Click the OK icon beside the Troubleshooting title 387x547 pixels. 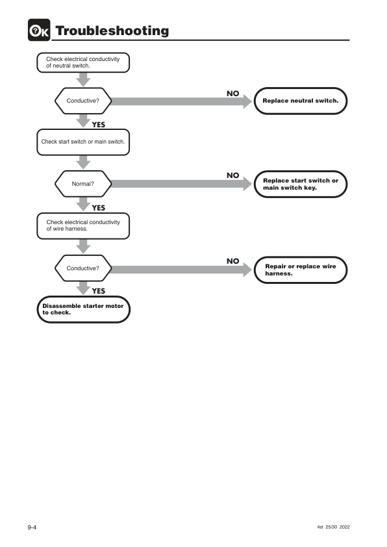pyautogui.click(x=39, y=30)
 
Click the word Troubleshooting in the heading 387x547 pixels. pyautogui.click(x=112, y=31)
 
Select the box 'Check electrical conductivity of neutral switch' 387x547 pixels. pyautogui.click(x=83, y=62)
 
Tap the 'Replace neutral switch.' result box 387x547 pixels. pyautogui.click(x=301, y=101)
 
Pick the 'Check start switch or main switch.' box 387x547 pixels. pyautogui.click(x=83, y=142)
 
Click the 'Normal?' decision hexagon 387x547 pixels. pyautogui.click(x=83, y=184)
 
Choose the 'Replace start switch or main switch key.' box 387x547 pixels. pyautogui.click(x=301, y=184)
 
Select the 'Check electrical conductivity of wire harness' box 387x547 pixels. pyautogui.click(x=83, y=225)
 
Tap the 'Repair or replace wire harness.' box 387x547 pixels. pyautogui.click(x=301, y=270)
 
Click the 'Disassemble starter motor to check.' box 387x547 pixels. pyautogui.click(x=83, y=309)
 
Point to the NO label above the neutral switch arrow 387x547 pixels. pyautogui.click(x=233, y=94)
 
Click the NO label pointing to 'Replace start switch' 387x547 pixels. pyautogui.click(x=233, y=175)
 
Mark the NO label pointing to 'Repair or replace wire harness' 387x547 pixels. pyautogui.click(x=233, y=261)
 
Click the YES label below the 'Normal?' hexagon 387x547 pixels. pyautogui.click(x=99, y=208)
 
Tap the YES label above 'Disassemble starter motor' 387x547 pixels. pyautogui.click(x=99, y=291)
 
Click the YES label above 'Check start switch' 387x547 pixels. pyautogui.click(x=99, y=125)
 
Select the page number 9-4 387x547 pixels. pyautogui.click(x=32, y=527)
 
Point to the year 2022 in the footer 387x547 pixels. pyautogui.click(x=344, y=527)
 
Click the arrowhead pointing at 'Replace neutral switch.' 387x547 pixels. pyautogui.click(x=247, y=101)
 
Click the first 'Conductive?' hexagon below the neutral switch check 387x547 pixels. pyautogui.click(x=83, y=101)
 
